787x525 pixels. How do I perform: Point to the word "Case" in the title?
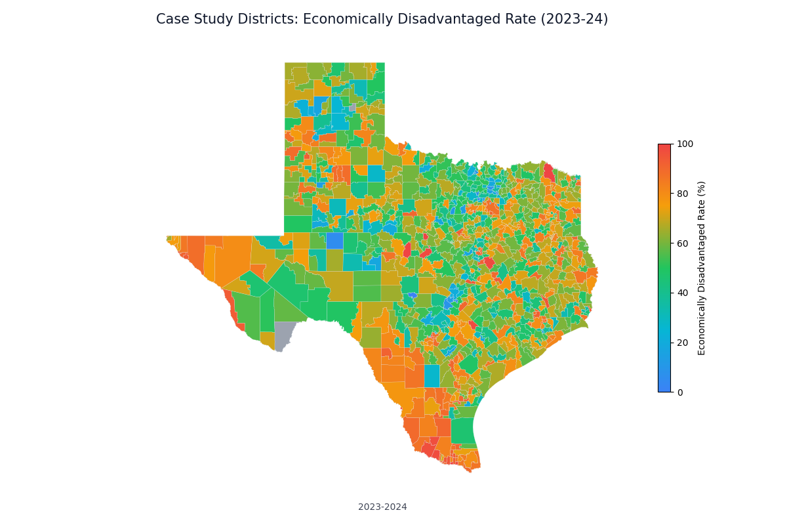[172, 20]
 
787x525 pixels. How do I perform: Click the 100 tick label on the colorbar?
[685, 144]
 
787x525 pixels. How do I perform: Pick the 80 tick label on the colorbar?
[683, 194]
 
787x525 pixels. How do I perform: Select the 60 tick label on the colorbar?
[683, 243]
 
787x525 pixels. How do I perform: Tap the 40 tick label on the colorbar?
[683, 293]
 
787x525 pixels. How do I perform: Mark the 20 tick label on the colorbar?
[683, 343]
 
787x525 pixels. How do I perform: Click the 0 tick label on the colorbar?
[681, 392]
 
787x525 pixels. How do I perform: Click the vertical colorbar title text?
[702, 268]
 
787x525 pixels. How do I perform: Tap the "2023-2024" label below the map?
[382, 507]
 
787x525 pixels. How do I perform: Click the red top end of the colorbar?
[664, 148]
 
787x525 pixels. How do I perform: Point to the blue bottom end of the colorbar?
[664, 388]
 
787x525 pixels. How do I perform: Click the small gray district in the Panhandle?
[352, 108]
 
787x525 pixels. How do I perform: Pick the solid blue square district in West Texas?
[334, 241]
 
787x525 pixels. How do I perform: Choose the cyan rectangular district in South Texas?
[432, 376]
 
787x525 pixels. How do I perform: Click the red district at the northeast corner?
[549, 172]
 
